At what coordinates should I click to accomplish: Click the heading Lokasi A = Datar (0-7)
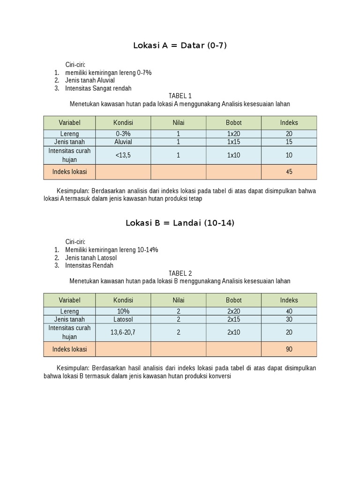[x=180, y=45]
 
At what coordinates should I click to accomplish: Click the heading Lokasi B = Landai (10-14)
[x=180, y=223]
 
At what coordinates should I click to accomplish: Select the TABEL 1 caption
[x=180, y=96]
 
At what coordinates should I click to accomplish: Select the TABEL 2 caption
[x=180, y=273]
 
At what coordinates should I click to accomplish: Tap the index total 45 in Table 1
[x=289, y=172]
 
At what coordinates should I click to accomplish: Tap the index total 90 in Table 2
[x=289, y=349]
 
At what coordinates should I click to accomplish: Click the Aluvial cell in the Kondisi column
[x=123, y=142]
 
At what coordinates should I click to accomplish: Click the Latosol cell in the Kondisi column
[x=123, y=319]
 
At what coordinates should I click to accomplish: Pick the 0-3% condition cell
[x=123, y=134]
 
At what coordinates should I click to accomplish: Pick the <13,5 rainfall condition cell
[x=123, y=155]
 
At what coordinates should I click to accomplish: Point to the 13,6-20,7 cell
[x=123, y=332]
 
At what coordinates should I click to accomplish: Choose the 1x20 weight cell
[x=233, y=134]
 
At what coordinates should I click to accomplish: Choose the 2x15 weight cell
[x=233, y=319]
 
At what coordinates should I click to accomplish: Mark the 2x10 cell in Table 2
[x=233, y=332]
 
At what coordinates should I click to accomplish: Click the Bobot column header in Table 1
[x=233, y=123]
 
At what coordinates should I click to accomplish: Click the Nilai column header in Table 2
[x=178, y=300]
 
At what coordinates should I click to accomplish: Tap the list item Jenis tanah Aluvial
[x=90, y=80]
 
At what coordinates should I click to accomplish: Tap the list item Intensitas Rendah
[x=89, y=265]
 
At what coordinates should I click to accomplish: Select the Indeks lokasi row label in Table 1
[x=69, y=172]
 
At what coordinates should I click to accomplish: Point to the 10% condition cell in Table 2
[x=123, y=311]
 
